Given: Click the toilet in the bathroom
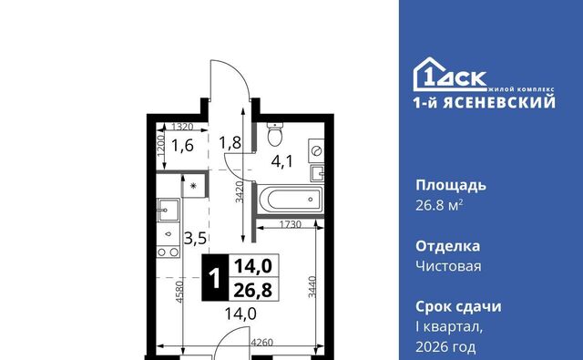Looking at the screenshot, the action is [x=275, y=134].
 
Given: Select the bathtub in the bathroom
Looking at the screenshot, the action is [x=290, y=199].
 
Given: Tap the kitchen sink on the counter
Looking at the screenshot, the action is [x=168, y=210].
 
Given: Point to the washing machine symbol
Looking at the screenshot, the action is [x=316, y=150].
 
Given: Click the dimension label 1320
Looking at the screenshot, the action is [x=182, y=127].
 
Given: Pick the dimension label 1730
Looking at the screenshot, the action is [x=291, y=224].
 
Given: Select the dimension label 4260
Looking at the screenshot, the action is [x=261, y=342].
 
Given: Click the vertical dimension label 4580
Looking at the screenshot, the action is [x=179, y=292].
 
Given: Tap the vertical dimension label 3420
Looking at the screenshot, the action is [x=240, y=191].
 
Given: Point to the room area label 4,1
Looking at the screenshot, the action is [x=282, y=161].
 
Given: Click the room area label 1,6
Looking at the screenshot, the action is [x=182, y=145].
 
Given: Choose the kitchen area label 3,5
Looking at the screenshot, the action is [x=195, y=238].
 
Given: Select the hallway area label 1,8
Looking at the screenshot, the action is [x=230, y=142].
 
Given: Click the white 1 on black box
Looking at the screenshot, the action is [x=215, y=278].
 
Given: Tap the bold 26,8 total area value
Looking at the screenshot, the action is [x=253, y=290].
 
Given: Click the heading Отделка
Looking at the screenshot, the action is [x=447, y=246].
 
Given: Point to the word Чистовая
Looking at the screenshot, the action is [x=448, y=266].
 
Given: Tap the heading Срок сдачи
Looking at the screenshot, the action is [x=458, y=307].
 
